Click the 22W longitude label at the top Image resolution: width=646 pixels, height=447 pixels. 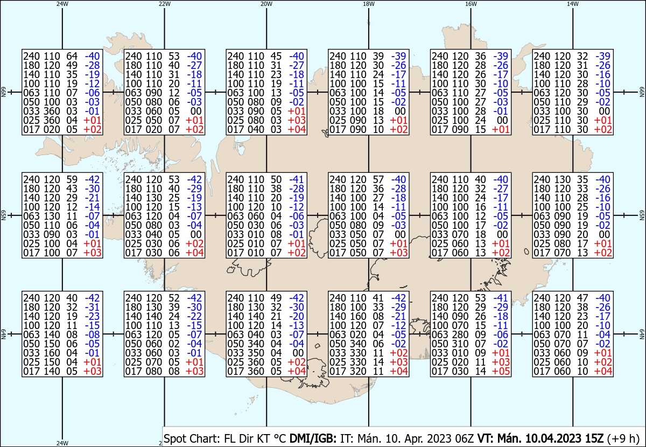164,4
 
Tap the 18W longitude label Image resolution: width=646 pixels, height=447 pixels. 369,4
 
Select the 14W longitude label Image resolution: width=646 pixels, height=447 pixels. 573,4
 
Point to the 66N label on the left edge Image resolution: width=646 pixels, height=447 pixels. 3,92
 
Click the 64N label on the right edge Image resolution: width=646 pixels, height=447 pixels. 642,334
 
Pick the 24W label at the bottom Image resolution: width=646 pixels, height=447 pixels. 62,443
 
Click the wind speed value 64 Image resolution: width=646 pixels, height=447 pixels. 72,56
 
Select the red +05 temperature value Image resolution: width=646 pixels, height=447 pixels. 501,371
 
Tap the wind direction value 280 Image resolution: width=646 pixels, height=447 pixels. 460,334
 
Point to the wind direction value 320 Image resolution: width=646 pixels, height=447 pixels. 358,371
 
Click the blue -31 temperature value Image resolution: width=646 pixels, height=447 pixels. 92,307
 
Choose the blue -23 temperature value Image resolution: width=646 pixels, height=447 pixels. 92,316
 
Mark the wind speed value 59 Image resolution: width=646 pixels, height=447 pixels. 72,179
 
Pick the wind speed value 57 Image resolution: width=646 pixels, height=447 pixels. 378,179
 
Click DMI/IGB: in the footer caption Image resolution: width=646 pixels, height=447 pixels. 313,438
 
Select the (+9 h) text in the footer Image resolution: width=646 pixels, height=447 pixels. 623,439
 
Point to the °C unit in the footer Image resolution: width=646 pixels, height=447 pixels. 279,438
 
